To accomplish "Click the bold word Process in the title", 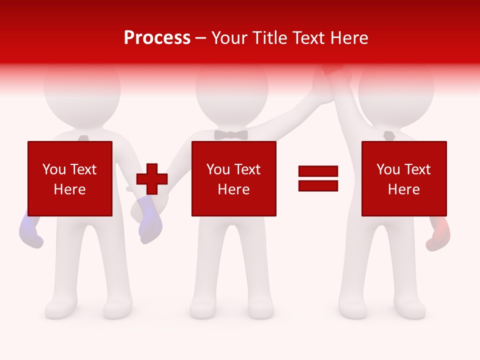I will coord(157,37).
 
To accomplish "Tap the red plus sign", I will coord(152,179).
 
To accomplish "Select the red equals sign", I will coord(318,178).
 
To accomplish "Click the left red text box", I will coord(70,178).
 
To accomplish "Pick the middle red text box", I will coord(233,178).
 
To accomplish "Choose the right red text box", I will coord(403,178).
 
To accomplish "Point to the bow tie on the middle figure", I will coord(231,134).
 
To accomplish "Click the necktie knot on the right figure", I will coord(389,135).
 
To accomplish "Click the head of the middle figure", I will coord(231,90).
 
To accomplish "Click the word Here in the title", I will coord(348,37).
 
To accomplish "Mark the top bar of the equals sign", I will coord(318,171).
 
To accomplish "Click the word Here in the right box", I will coord(403,189).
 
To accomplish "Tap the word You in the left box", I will coord(54,169).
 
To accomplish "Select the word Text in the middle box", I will coord(247,169).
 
